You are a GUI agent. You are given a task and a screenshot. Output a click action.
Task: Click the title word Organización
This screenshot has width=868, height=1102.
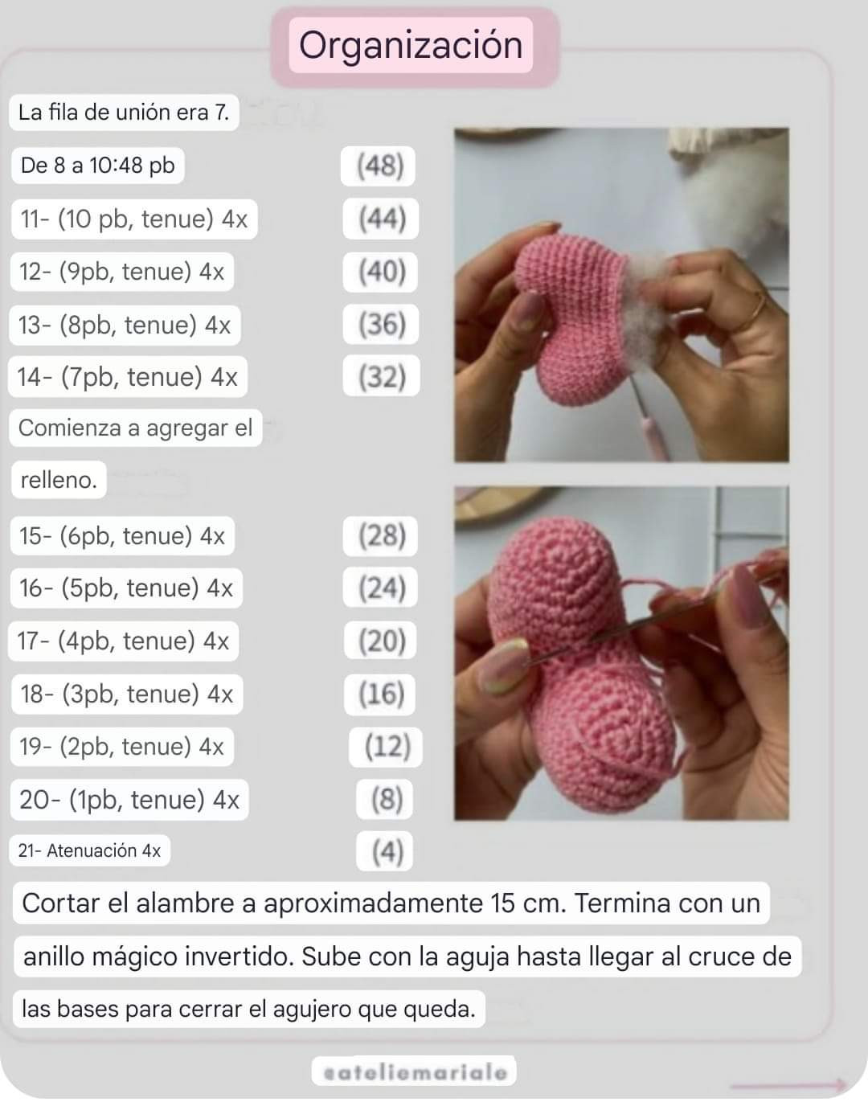tap(411, 46)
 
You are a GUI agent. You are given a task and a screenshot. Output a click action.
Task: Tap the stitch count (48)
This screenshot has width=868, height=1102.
tap(380, 166)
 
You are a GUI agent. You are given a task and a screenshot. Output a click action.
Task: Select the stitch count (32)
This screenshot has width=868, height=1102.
tap(382, 377)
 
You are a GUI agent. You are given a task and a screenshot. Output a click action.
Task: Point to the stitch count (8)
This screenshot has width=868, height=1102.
tap(386, 800)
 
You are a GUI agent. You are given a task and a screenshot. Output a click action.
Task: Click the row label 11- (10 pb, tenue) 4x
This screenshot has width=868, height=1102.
tap(133, 219)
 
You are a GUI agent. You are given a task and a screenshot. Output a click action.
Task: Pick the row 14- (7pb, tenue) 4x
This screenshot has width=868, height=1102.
tap(128, 378)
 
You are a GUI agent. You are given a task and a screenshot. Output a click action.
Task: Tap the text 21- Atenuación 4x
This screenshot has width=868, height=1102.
tap(90, 851)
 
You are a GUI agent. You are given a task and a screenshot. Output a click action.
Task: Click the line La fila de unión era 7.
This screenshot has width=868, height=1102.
tap(124, 113)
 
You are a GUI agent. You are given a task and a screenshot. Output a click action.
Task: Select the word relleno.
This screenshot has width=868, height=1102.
tap(59, 481)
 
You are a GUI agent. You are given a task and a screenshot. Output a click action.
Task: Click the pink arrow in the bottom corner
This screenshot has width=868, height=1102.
tap(788, 1085)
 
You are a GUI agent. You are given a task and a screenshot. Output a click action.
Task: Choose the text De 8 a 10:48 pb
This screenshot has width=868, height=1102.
tap(98, 166)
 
